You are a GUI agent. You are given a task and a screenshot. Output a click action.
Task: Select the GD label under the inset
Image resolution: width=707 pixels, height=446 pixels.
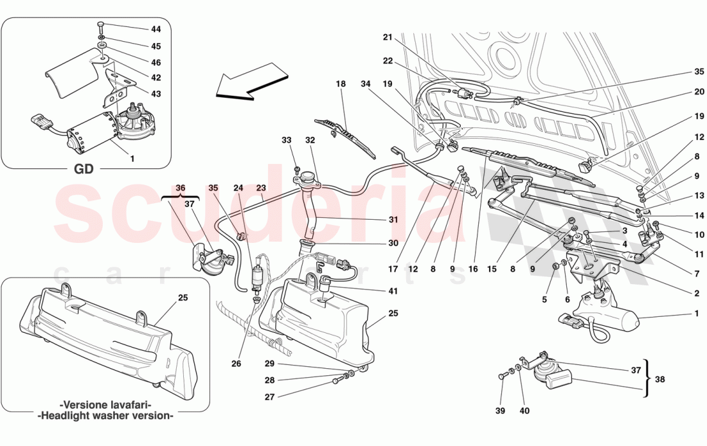pos(84,169)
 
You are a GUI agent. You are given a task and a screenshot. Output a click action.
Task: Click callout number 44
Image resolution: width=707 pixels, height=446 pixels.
pos(156,30)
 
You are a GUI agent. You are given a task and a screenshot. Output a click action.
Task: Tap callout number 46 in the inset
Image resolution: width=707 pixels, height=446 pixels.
pos(156,63)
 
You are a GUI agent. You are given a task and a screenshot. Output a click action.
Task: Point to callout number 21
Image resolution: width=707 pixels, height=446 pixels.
pos(387,37)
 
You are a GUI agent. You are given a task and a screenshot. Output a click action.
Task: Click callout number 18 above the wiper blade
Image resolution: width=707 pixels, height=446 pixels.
pos(340,84)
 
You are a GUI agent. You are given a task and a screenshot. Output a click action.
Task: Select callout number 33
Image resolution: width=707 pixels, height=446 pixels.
pos(286,140)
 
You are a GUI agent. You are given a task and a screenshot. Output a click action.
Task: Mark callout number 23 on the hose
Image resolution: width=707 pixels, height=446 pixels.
pos(261,188)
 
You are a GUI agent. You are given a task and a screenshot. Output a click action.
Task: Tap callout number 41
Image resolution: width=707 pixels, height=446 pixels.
pos(393,291)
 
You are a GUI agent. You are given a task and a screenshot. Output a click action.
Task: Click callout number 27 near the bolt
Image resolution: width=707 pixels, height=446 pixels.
pos(270,397)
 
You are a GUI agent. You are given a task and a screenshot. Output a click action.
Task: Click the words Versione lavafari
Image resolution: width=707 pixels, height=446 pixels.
pos(105,406)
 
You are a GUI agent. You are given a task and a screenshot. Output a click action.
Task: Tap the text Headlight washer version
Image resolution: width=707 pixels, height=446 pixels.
pos(105,416)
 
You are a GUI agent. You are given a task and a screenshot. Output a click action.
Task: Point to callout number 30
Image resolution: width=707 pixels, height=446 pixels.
pos(393,244)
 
